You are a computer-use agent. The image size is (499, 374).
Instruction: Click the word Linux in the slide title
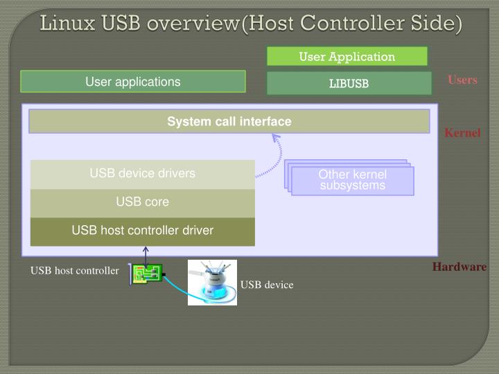click(68, 23)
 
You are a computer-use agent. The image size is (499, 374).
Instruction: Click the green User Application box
click(347, 57)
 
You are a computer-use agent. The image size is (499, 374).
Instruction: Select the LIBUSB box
click(349, 84)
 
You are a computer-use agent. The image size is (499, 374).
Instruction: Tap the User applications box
click(132, 82)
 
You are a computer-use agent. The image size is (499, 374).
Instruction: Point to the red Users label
click(462, 80)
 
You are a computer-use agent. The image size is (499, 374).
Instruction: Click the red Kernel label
click(462, 132)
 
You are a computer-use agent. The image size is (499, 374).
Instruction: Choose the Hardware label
click(459, 267)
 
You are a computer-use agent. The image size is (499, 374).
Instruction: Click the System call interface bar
click(229, 122)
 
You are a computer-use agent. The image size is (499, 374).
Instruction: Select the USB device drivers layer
click(142, 174)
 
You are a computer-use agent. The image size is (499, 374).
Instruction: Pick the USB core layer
click(142, 202)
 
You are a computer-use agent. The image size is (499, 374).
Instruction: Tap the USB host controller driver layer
click(142, 231)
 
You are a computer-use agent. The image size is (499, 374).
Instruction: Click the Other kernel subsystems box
click(352, 180)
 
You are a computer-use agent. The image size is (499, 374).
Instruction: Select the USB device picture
click(212, 282)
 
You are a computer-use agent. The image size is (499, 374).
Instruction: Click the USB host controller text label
click(74, 271)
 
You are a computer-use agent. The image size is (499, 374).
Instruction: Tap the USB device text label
click(267, 285)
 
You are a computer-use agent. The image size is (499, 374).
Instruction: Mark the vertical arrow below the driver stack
click(146, 255)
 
